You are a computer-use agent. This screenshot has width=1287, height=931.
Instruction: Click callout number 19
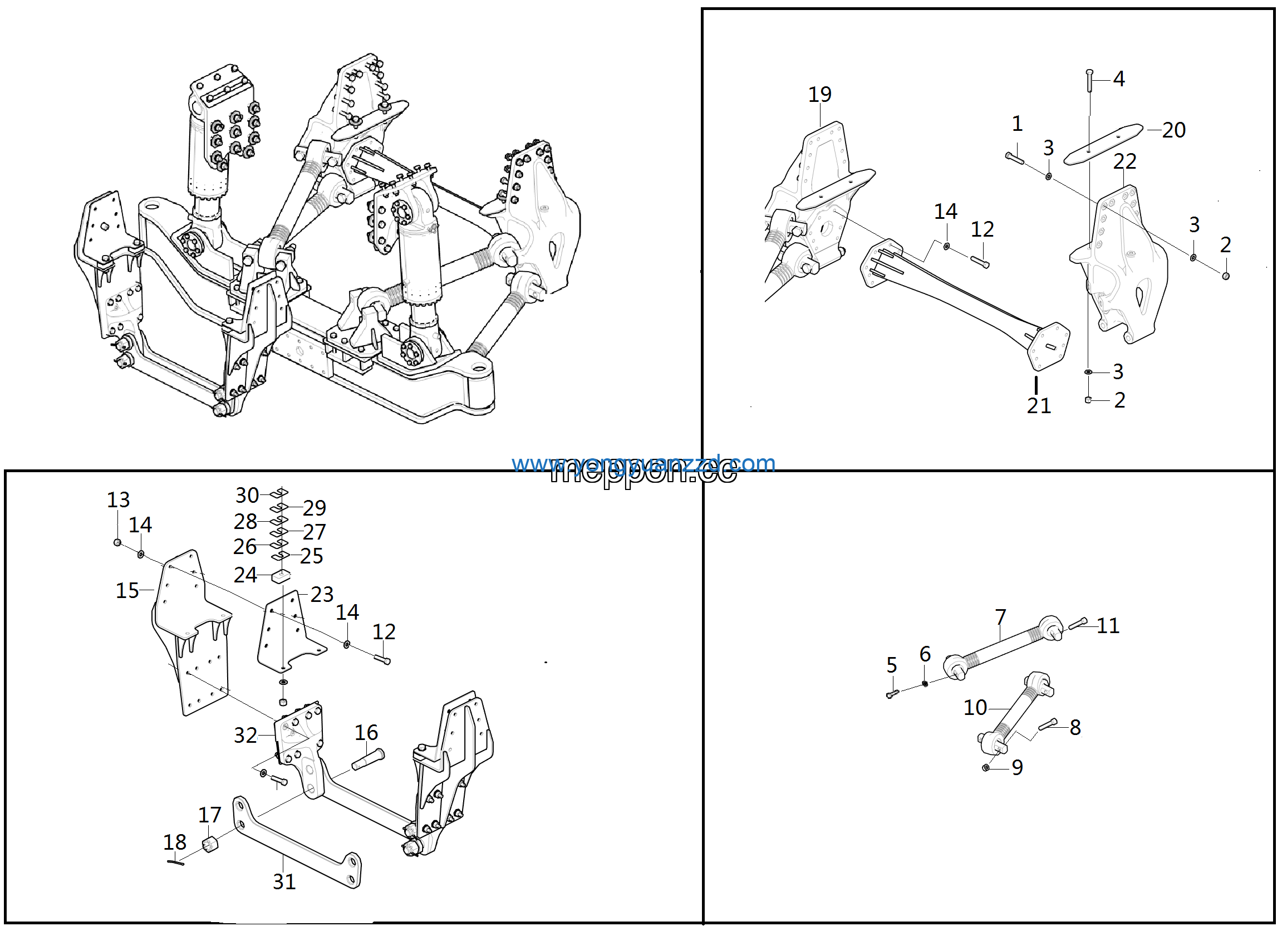click(x=819, y=94)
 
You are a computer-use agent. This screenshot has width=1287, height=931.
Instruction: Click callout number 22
click(x=1124, y=161)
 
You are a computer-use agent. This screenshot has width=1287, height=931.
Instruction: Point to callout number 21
click(x=1039, y=405)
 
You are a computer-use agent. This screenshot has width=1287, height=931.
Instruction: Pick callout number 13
click(x=118, y=499)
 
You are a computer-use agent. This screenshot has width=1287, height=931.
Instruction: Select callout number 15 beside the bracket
click(x=127, y=590)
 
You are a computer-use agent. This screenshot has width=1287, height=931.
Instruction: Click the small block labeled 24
click(x=281, y=577)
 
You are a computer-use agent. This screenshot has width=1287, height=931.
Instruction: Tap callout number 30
click(x=247, y=495)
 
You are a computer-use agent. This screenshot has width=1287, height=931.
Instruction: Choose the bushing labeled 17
click(x=210, y=845)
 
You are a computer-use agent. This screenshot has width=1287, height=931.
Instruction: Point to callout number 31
click(x=284, y=881)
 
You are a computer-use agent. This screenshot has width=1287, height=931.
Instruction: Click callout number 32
click(x=245, y=735)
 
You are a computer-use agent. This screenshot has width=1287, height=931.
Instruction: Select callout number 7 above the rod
click(x=1000, y=616)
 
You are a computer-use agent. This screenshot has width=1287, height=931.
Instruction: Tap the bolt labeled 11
click(x=1077, y=623)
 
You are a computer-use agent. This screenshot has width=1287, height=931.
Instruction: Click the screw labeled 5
click(x=892, y=693)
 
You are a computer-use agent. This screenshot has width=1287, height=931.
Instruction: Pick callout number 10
click(x=975, y=707)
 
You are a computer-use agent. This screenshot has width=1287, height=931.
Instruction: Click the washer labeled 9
click(x=986, y=767)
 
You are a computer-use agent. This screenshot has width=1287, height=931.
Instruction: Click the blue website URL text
click(x=643, y=464)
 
